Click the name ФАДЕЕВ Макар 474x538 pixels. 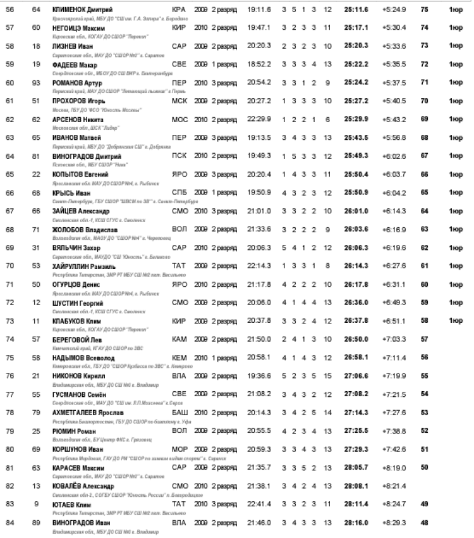(77, 65)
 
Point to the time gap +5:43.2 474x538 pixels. (394, 120)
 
